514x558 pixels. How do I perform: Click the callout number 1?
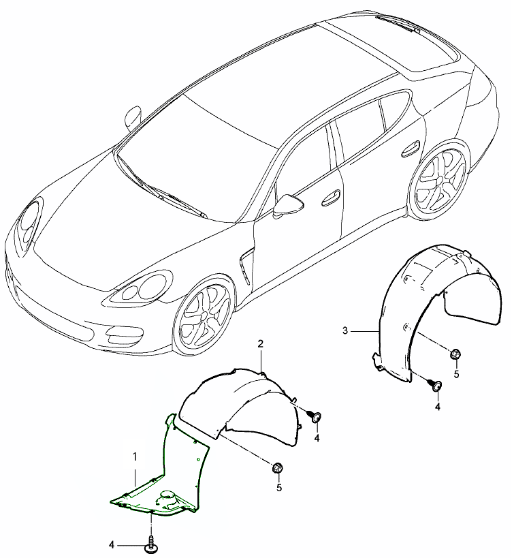pos(135,456)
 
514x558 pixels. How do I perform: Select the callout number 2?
pos(261,343)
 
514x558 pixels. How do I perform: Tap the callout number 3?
pos(345,330)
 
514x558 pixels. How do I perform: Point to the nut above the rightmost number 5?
pos(455,354)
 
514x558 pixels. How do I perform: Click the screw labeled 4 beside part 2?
pos(315,416)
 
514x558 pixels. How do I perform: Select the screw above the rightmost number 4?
pos(436,385)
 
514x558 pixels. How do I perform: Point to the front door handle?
pos(331,198)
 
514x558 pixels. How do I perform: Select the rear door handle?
pos(411,149)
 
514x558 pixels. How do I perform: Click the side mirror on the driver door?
pos(288,206)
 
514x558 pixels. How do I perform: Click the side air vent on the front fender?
pos(246,266)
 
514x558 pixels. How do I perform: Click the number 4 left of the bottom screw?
pos(112,544)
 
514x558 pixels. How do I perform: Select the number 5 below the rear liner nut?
pos(456,374)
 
